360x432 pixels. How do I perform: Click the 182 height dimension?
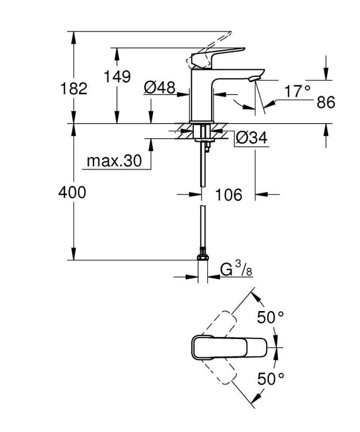click(74, 88)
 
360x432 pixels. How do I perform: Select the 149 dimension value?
click(118, 77)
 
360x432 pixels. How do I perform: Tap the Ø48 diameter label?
click(160, 87)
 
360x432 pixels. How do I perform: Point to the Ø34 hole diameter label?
click(252, 138)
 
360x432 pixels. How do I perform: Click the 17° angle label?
click(298, 91)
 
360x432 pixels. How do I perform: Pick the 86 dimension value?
click(326, 102)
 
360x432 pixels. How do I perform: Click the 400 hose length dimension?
click(72, 192)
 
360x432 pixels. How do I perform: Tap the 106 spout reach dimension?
click(228, 194)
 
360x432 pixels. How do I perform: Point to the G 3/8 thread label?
click(236, 268)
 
